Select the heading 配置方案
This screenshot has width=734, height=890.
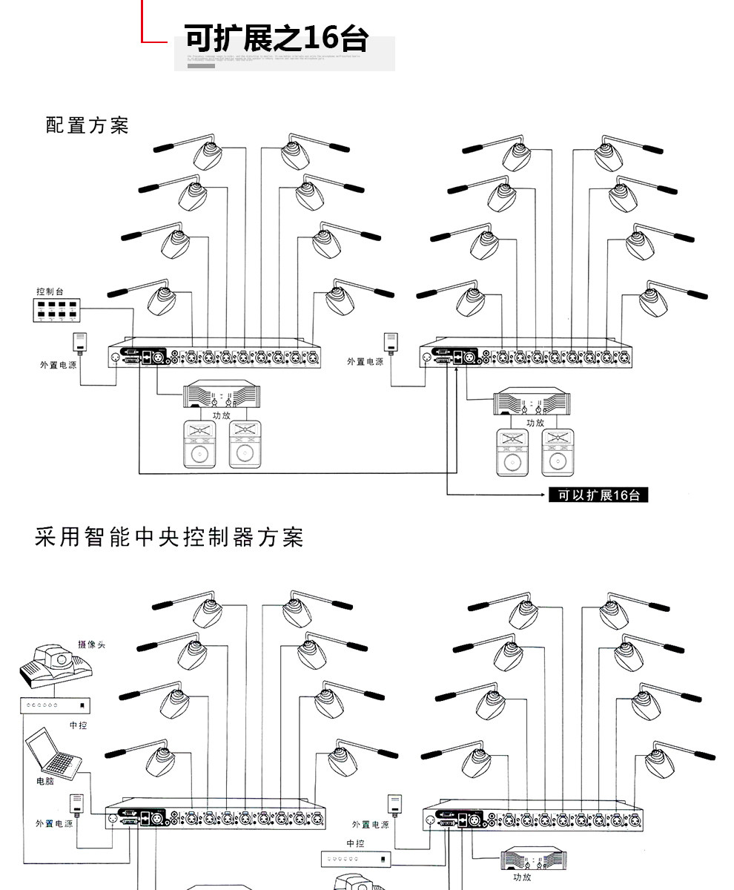[87, 125]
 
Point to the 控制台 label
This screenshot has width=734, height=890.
[50, 291]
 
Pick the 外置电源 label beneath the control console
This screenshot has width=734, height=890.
[58, 365]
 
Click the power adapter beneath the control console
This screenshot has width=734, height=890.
[81, 343]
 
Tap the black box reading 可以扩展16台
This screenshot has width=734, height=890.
[598, 495]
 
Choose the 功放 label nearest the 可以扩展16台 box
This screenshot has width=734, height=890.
[535, 422]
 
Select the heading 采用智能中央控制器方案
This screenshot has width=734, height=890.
[169, 537]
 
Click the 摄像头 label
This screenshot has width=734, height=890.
[92, 645]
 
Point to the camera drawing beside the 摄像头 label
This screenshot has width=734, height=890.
[55, 663]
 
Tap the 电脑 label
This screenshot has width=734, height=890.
[45, 781]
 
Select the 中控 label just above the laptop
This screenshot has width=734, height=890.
[78, 725]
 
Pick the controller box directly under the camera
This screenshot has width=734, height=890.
[55, 705]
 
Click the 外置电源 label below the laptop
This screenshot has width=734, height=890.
[54, 823]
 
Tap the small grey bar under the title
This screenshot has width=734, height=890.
[201, 66]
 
